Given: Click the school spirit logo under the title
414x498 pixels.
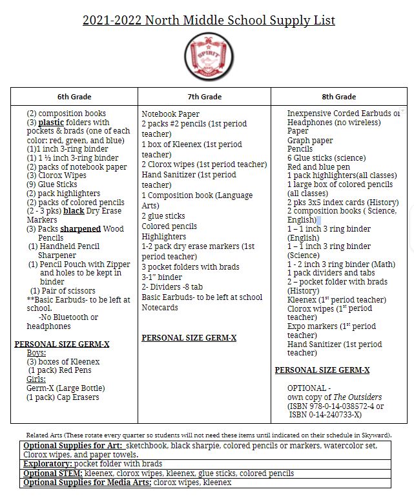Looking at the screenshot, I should (x=208, y=57).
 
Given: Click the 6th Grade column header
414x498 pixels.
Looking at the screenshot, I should (x=73, y=97).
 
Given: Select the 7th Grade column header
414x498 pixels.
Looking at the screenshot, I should (x=204, y=97).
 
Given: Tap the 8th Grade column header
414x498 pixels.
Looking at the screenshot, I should (x=338, y=97).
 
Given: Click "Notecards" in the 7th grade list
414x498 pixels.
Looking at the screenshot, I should (x=161, y=308).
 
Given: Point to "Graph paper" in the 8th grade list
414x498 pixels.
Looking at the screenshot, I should (x=310, y=141).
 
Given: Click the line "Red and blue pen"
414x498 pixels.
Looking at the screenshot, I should (x=319, y=167).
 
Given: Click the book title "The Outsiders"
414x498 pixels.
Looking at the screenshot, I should (x=358, y=397).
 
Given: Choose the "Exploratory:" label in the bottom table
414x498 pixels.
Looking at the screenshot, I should (x=47, y=464).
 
